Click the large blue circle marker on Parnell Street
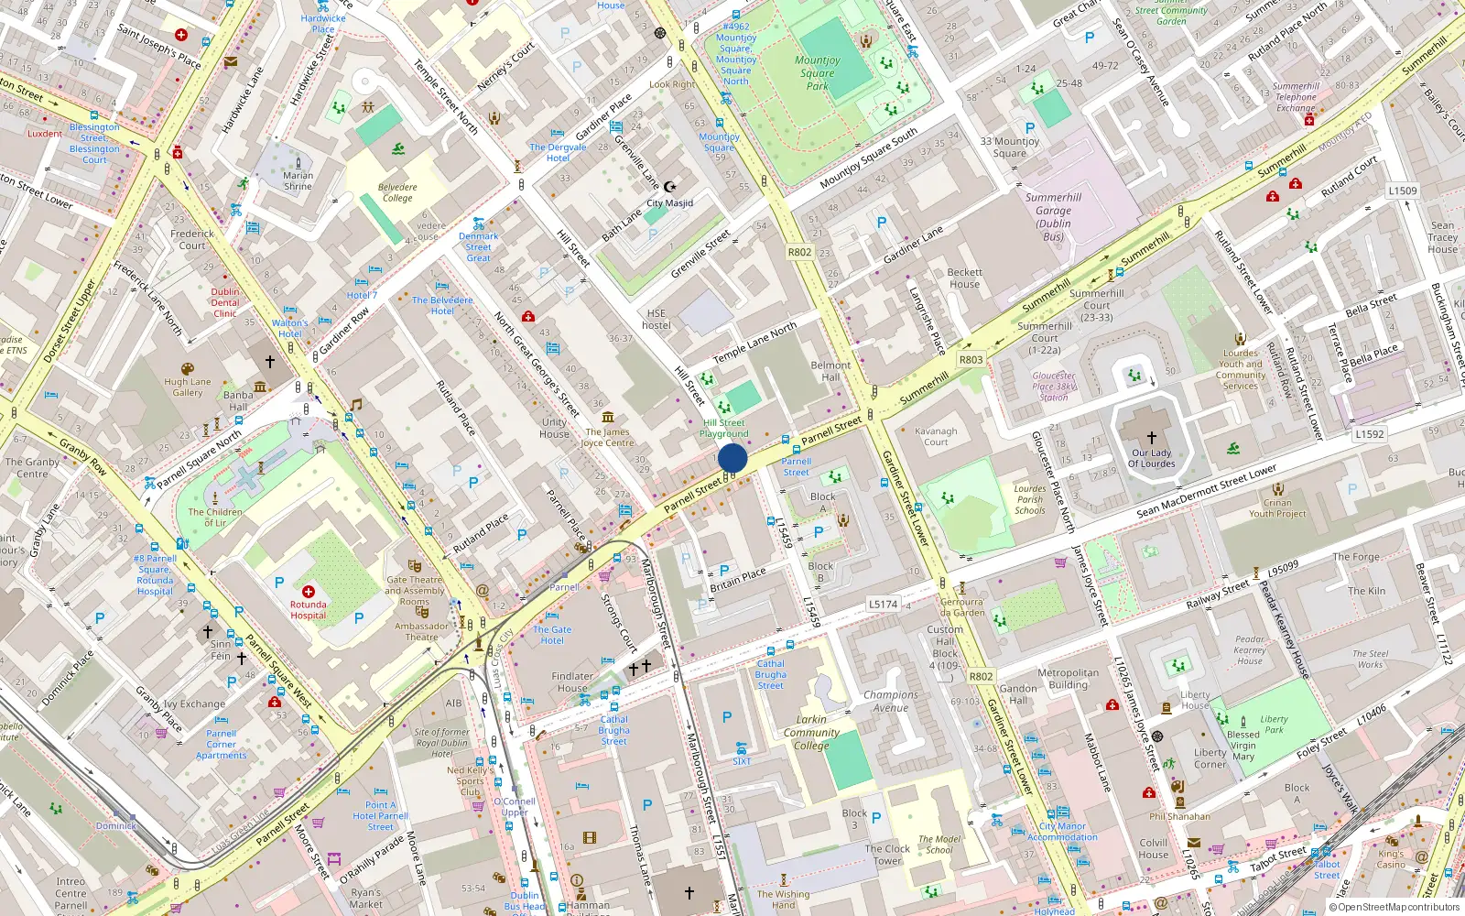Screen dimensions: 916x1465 [732, 458]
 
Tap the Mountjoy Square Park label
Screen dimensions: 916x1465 [817, 73]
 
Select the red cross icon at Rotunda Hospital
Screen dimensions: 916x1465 [309, 592]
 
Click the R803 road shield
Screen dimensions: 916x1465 [971, 360]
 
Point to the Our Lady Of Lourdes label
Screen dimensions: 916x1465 [1151, 458]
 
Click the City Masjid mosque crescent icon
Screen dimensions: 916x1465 [669, 187]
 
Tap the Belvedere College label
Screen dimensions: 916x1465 [397, 192]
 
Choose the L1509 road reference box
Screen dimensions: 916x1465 [1402, 191]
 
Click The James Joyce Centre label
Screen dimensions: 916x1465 [608, 437]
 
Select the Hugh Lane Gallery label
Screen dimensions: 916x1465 [188, 387]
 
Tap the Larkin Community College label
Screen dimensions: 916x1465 [811, 732]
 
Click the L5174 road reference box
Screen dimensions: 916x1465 [883, 604]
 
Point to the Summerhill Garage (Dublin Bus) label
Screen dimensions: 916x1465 [1053, 217]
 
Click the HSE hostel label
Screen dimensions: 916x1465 [657, 319]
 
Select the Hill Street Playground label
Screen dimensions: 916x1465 [723, 428]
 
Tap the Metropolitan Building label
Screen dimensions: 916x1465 [1069, 679]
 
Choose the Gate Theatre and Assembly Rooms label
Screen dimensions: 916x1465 [415, 591]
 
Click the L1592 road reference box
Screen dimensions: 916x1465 [1370, 434]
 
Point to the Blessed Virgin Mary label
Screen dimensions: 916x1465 [1243, 745]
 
